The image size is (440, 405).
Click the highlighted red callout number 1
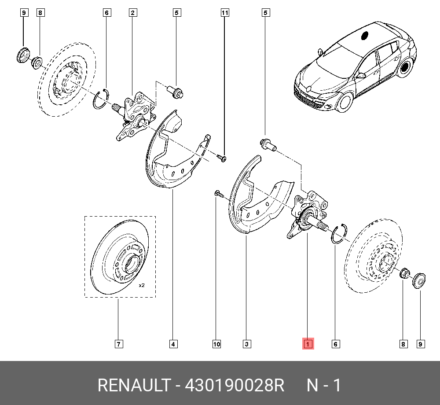pos(308,344)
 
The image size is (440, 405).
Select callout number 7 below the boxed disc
pos(119,344)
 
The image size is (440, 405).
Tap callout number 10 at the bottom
pos(216,344)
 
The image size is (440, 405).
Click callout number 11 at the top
pos(225,13)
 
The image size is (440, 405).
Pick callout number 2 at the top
pos(133,13)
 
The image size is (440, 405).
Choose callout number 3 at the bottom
pos(247,344)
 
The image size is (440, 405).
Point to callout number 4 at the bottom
pos(173,344)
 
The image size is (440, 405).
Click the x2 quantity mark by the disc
pos(142,285)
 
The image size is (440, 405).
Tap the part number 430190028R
pos(235,385)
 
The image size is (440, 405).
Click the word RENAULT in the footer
pos(134,385)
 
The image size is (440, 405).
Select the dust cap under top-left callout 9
pos(23,55)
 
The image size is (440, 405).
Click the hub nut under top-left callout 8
pos(37,63)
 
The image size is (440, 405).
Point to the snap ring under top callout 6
pos(101,99)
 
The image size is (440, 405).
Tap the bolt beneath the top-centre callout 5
pos(176,92)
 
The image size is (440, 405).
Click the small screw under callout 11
pos(222,158)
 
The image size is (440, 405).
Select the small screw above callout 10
pos(219,194)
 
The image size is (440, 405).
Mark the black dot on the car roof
pos(364,36)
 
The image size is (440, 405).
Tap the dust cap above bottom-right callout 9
pos(419,280)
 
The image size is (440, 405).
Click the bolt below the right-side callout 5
pos(268,144)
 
